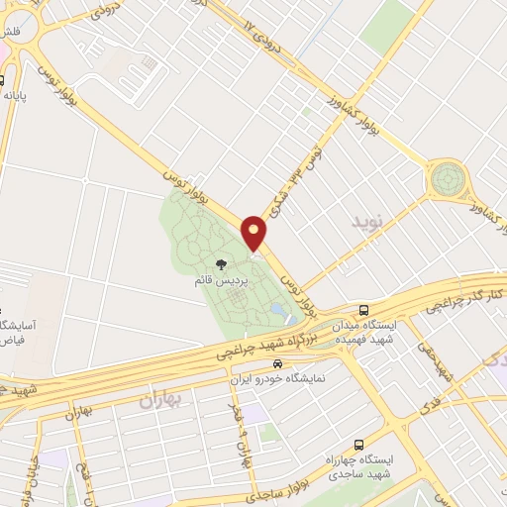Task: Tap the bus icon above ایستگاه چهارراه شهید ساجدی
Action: coord(357,445)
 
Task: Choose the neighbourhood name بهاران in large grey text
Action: coord(162,401)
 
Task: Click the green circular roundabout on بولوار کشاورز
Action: coord(447,180)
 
